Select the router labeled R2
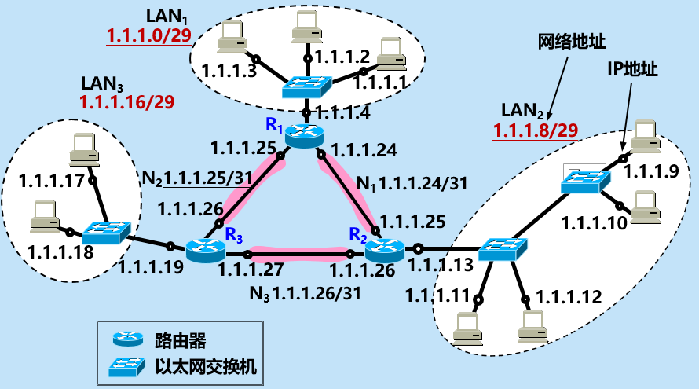click(384, 251)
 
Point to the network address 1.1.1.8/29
click(536, 130)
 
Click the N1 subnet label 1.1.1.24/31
click(423, 184)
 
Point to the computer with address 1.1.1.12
click(532, 325)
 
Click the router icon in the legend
click(127, 340)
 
